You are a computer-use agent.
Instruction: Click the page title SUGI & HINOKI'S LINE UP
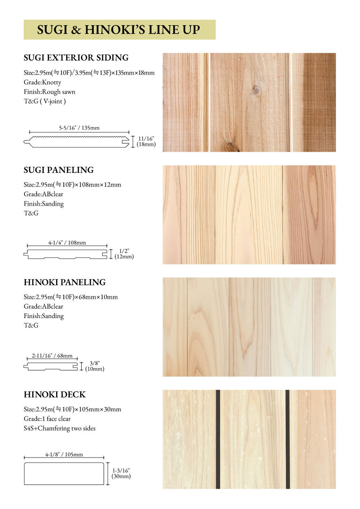118,30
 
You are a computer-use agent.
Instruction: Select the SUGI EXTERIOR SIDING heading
76,58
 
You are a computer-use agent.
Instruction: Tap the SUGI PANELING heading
59,170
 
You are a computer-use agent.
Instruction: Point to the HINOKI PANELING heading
65,282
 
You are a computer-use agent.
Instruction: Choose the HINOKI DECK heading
55,395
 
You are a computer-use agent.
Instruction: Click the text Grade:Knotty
42,82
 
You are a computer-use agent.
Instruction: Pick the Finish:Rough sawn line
50,92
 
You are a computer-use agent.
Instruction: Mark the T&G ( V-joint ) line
45,101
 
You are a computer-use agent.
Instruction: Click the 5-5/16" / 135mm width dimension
79,128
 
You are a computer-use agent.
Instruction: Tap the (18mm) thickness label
146,144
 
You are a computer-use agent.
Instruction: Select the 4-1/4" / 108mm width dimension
67,243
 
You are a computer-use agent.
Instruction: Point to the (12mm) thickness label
124,257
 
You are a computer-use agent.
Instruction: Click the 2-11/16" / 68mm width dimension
52,356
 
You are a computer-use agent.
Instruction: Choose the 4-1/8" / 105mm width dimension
64,455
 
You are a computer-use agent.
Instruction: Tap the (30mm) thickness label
121,476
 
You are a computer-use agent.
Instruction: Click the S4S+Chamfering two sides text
60,428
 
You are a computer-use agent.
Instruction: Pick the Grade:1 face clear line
47,419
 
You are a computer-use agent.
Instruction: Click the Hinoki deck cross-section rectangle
64,473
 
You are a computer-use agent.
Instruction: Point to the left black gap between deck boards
218,439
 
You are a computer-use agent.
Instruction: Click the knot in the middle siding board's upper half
256,90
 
